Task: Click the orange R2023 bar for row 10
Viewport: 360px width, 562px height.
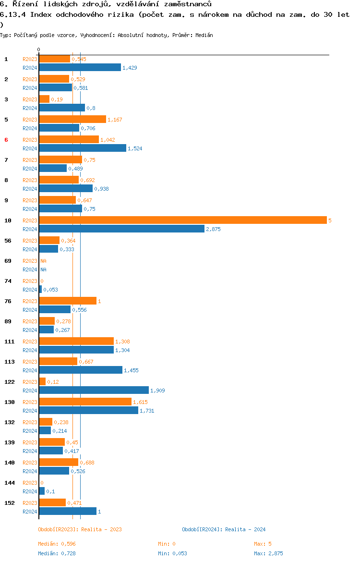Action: pos(183,220)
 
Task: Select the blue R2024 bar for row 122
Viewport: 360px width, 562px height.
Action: pos(94,391)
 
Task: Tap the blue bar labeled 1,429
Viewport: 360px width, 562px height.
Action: pos(80,67)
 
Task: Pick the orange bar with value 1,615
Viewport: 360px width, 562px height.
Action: pos(85,402)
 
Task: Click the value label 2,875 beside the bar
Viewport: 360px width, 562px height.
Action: pos(213,230)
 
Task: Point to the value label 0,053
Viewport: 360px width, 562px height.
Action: pos(50,290)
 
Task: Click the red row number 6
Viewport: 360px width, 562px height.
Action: pos(6,140)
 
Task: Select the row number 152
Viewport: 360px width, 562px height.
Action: pos(10,503)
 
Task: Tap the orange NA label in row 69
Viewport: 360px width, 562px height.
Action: pos(43,261)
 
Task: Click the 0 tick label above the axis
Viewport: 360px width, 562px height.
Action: pos(39,50)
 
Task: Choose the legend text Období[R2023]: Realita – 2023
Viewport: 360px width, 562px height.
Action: pos(80,529)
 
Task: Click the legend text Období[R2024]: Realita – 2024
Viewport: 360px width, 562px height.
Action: pos(224,529)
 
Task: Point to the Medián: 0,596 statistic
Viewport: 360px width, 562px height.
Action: pos(57,544)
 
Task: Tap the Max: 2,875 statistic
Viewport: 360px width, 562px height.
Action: pos(268,553)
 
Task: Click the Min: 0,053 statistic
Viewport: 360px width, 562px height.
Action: pos(173,553)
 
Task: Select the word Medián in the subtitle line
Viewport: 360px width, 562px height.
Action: pos(204,35)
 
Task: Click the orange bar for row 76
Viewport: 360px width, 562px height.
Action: pos(68,301)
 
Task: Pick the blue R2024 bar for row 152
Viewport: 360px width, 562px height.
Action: pos(68,512)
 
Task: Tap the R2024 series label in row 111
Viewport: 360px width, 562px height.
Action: pos(30,351)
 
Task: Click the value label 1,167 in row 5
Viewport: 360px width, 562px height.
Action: pos(115,120)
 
